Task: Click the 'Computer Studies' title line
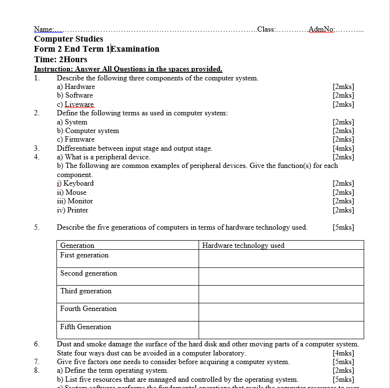[x=68, y=39]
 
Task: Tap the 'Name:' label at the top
[x=44, y=29]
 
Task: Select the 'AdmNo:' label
[x=322, y=29]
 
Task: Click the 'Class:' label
[x=266, y=29]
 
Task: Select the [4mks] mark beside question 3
[x=343, y=148]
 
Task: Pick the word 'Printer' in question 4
[x=78, y=210]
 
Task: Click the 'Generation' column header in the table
[x=77, y=245]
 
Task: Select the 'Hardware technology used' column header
[x=243, y=245]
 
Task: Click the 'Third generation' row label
[x=86, y=291]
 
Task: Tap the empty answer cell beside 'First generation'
[x=281, y=258]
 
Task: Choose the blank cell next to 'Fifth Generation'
[x=281, y=330]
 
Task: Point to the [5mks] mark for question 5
[x=343, y=227]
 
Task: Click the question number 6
[x=37, y=344]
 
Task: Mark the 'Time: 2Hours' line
[x=61, y=59]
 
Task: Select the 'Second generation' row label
[x=89, y=273]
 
